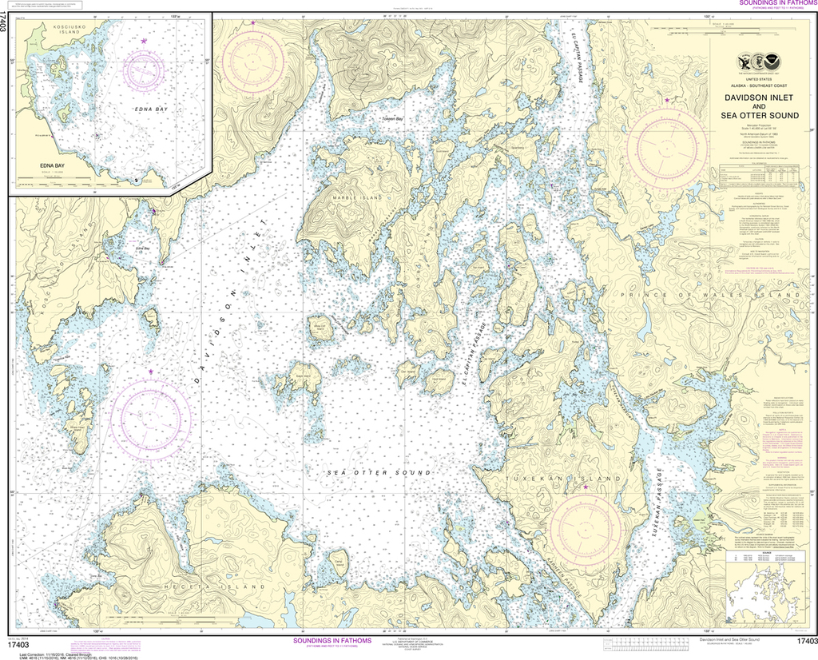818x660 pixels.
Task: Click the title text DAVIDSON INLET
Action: point(758,98)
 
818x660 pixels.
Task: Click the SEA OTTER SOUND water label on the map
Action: point(379,473)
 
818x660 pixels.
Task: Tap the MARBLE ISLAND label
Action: point(353,196)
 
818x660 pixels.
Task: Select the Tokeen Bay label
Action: point(392,120)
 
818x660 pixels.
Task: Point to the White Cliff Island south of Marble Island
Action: point(321,329)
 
